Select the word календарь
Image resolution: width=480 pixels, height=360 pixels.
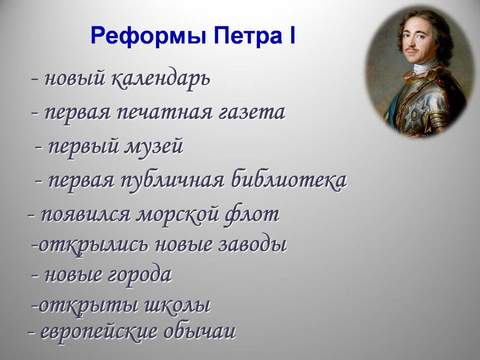(160, 79)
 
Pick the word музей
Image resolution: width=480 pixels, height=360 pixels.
(154, 147)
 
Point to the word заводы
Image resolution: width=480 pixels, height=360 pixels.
(252, 245)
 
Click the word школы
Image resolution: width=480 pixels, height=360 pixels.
(176, 306)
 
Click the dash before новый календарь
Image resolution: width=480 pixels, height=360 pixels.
(35, 79)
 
